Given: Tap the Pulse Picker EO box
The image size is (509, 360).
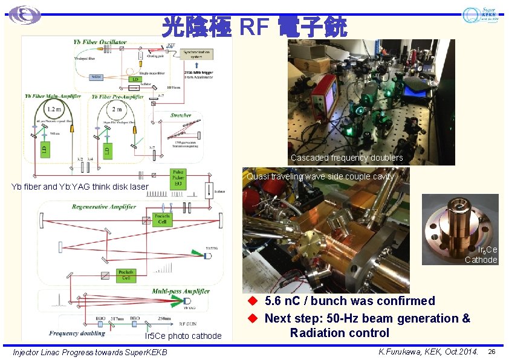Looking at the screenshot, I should (178, 179).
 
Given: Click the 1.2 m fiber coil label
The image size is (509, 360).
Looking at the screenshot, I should (54, 110).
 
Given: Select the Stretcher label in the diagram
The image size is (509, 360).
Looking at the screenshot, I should (181, 115).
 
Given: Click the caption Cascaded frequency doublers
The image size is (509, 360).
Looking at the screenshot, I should (346, 158).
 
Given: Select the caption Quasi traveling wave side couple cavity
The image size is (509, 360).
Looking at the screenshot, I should (320, 176).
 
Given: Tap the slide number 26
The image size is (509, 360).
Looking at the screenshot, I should (491, 352).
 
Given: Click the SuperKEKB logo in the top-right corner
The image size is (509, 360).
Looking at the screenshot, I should (481, 15).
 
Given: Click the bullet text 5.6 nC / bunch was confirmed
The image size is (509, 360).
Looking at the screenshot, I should (349, 301).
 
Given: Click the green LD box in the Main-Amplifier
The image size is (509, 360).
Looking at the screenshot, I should (47, 149).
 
